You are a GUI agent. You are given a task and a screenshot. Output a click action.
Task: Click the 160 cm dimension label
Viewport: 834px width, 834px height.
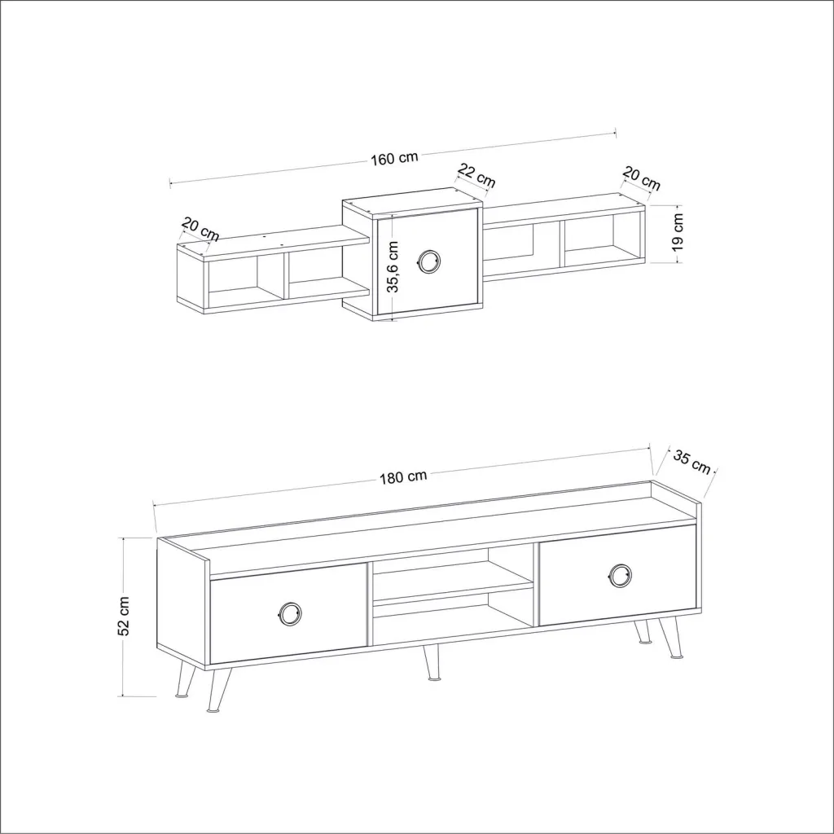[394, 158]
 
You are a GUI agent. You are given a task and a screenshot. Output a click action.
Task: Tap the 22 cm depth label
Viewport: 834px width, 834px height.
[476, 176]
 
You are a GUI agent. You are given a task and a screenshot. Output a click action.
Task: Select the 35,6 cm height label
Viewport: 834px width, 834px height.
[393, 267]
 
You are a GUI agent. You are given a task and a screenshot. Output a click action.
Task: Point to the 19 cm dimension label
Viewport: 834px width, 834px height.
[677, 232]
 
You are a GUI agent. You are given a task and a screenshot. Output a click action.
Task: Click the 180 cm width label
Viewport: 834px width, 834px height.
[403, 476]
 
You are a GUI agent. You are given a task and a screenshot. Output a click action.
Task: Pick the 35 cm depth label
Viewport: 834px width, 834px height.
[691, 461]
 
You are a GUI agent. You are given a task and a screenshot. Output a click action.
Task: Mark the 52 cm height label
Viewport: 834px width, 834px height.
[124, 616]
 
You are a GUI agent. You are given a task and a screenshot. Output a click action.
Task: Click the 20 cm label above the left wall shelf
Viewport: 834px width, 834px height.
[200, 229]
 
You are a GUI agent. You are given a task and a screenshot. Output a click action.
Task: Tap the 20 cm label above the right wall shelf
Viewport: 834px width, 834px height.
[642, 178]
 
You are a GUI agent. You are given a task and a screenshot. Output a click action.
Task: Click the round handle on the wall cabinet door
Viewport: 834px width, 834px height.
[428, 261]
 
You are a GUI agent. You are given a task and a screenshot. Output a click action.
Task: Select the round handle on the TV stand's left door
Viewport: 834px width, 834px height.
[289, 614]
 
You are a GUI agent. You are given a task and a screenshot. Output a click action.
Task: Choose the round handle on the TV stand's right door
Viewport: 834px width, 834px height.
[620, 576]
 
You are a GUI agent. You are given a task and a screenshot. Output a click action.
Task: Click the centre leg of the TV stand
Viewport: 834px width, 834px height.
[432, 663]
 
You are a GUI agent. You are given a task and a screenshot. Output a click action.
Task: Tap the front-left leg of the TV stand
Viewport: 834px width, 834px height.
[218, 690]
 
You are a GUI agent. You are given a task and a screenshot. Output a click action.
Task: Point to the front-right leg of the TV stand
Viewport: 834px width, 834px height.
[671, 639]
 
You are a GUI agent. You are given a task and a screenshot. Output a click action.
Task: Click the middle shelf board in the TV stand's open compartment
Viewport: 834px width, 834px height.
[453, 590]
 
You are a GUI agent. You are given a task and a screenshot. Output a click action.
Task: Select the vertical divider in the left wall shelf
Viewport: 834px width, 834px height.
[286, 276]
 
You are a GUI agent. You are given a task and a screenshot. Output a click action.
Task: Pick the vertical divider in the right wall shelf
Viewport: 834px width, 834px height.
[562, 244]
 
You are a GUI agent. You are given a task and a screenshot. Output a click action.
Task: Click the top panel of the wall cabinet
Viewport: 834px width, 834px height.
[413, 203]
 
